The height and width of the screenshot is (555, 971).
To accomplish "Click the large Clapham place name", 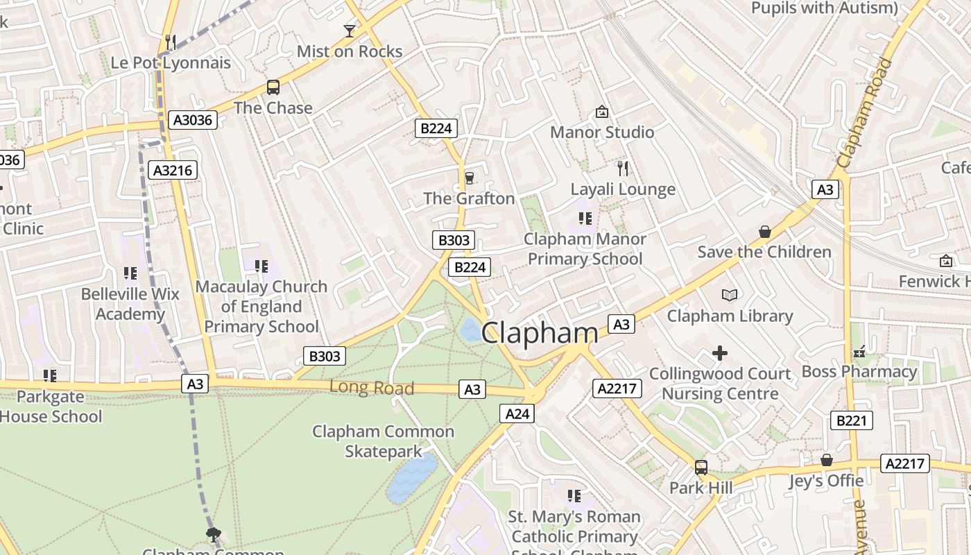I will point(539,333).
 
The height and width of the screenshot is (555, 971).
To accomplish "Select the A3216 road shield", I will point(174,171).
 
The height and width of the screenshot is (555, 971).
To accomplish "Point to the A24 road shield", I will point(517,414).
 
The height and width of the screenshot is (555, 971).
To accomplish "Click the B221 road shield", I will point(852,420).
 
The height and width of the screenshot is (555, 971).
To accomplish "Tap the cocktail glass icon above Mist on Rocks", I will point(350,31).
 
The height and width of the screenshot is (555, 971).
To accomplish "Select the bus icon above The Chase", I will point(273,87).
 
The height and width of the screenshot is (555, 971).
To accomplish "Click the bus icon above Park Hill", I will point(701,467).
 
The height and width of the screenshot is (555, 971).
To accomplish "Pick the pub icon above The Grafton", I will point(470,178).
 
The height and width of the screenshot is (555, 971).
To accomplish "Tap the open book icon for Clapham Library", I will point(730,296).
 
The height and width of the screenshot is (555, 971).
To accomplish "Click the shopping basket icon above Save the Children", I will point(765,232).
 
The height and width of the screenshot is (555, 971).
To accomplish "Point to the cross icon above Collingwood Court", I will point(720,354).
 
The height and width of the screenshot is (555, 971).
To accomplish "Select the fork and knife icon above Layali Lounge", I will point(623,168).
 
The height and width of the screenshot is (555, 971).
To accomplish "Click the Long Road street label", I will point(372,388).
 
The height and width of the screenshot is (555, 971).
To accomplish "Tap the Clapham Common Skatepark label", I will point(384,441).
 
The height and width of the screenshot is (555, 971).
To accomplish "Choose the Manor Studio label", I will point(602,132).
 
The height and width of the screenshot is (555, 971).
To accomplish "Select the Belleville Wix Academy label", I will point(130,304).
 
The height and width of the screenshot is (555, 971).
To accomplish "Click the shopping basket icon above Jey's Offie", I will point(827,460).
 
